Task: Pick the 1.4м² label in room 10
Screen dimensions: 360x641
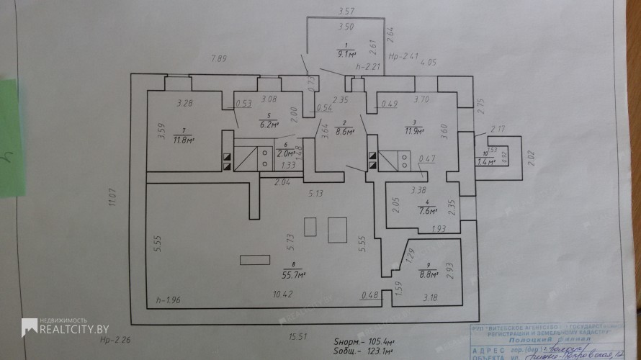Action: point(488,162)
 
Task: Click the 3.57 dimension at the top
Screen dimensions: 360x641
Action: point(347,11)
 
